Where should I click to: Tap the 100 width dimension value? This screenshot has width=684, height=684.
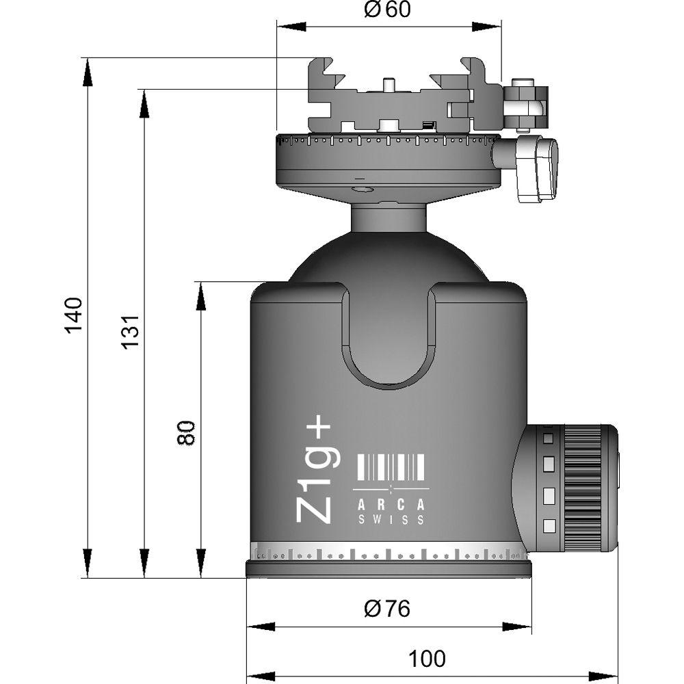(x=427, y=659)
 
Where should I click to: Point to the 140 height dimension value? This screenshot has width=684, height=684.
(x=73, y=315)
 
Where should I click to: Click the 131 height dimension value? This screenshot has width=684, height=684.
(x=131, y=331)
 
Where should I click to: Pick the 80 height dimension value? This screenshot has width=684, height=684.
(x=186, y=433)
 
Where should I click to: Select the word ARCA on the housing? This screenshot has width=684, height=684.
(x=391, y=504)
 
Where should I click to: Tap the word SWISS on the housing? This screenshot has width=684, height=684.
(x=391, y=520)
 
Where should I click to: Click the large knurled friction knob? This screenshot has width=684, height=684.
(x=581, y=488)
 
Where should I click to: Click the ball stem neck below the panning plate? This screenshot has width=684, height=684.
(x=389, y=217)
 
